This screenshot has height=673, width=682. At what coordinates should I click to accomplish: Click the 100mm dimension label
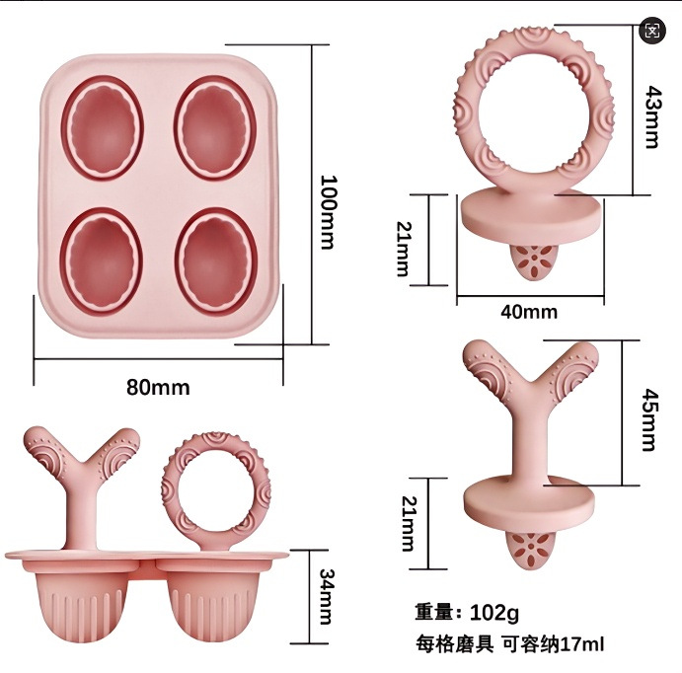tap(329, 212)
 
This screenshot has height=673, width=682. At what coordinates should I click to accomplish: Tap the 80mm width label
tap(158, 387)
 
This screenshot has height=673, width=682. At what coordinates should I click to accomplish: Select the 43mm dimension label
tap(650, 115)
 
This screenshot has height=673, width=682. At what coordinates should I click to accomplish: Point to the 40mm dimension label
tap(529, 312)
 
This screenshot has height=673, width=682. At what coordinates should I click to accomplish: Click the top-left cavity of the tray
tap(103, 127)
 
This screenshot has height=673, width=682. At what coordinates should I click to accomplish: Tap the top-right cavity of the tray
tap(215, 127)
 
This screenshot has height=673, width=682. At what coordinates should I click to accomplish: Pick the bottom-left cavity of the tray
tap(103, 260)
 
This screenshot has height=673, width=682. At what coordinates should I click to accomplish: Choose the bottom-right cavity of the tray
tap(215, 260)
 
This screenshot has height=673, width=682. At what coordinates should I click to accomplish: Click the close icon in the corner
tap(651, 30)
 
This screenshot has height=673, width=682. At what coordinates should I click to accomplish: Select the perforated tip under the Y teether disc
tap(533, 553)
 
